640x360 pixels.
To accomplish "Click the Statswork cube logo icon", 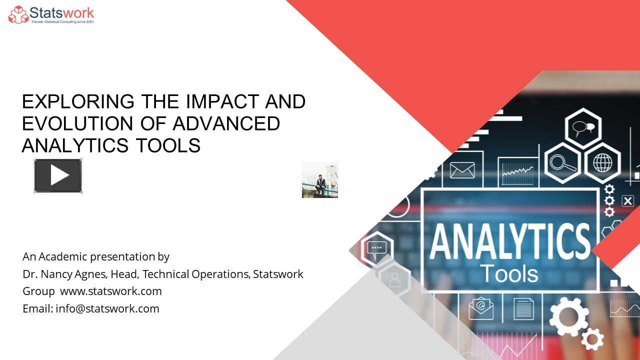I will click(18, 14).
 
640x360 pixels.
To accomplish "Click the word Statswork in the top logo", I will click(61, 12).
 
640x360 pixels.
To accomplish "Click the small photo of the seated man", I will click(320, 180).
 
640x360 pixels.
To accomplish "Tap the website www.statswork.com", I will click(111, 291).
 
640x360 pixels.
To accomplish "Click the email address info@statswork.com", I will click(107, 308).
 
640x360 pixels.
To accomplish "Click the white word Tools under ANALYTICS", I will click(509, 273).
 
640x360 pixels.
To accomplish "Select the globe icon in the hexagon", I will click(602, 162).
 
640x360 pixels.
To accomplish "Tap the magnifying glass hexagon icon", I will click(562, 162).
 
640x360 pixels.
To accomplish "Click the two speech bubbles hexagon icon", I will click(583, 128).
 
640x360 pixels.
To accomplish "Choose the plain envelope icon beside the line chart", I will click(462, 170).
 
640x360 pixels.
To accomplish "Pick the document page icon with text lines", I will click(523, 308).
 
